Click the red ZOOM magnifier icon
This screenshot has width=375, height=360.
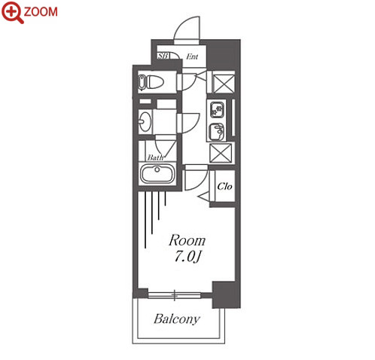pyautogui.click(x=12, y=12)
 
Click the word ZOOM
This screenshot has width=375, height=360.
pyautogui.click(x=41, y=12)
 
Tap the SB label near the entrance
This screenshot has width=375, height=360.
pyautogui.click(x=163, y=56)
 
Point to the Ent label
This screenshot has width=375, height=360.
pyautogui.click(x=192, y=56)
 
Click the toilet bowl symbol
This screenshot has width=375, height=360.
pyautogui.click(x=151, y=82)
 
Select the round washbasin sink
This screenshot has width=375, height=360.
pyautogui.click(x=145, y=121)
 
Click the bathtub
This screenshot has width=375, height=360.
pyautogui.click(x=157, y=174)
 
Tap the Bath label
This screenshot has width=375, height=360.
pyautogui.click(x=155, y=157)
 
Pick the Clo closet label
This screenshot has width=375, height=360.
pyautogui.click(x=224, y=186)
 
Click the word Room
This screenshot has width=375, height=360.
pyautogui.click(x=187, y=240)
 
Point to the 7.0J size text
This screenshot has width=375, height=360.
pyautogui.click(x=188, y=257)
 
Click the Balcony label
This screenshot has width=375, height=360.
pyautogui.click(x=177, y=319)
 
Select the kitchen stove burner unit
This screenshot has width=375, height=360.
pyautogui.click(x=216, y=109)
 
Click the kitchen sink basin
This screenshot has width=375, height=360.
pyautogui.click(x=216, y=132)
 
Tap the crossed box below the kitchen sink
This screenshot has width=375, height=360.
pyautogui.click(x=221, y=153)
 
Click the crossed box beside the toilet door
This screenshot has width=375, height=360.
pyautogui.click(x=224, y=83)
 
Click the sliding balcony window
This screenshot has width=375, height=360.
pyautogui.click(x=175, y=295)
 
